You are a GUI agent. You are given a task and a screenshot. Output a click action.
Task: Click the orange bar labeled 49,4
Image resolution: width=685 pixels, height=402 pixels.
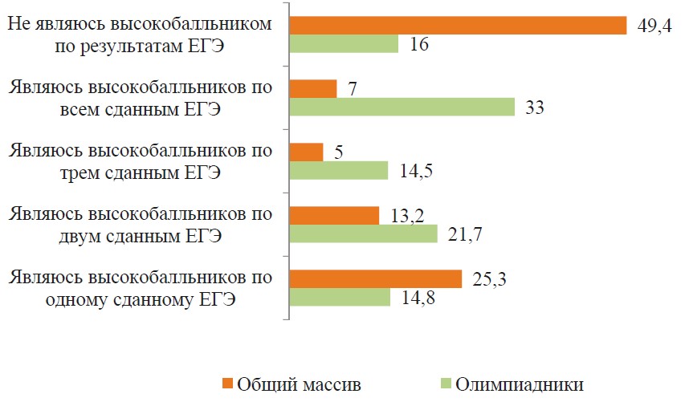pyautogui.click(x=458, y=26)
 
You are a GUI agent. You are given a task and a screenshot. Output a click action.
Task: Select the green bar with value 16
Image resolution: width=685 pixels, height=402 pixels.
pyautogui.click(x=344, y=44)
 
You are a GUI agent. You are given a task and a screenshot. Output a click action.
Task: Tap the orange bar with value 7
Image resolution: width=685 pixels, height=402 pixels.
pyautogui.click(x=312, y=88)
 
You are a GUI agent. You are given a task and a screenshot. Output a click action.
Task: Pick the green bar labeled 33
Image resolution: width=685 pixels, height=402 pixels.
pyautogui.click(x=402, y=107)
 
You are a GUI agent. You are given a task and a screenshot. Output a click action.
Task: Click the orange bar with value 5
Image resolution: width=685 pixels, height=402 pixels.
pyautogui.click(x=306, y=152)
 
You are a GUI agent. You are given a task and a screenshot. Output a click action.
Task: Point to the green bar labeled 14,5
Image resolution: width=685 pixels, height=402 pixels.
pyautogui.click(x=338, y=170)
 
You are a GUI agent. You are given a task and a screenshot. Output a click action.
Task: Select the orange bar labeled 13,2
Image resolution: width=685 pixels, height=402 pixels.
pyautogui.click(x=333, y=215)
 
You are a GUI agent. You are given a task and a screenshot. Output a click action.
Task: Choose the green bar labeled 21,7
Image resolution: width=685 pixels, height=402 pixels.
pyautogui.click(x=363, y=233)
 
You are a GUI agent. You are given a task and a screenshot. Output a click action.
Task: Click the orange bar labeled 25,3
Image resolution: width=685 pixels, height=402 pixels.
pyautogui.click(x=375, y=278)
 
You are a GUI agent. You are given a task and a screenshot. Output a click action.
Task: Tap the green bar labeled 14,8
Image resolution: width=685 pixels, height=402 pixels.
pyautogui.click(x=339, y=297)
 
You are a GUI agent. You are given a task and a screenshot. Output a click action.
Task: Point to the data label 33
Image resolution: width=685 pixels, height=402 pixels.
pyautogui.click(x=535, y=107)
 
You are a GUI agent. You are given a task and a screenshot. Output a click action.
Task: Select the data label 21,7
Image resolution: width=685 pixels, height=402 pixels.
pyautogui.click(x=461, y=233)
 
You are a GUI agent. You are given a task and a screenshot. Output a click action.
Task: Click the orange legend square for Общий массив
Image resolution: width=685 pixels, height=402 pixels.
pyautogui.click(x=227, y=384)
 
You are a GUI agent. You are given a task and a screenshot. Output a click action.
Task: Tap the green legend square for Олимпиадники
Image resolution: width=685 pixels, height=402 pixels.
pyautogui.click(x=446, y=384)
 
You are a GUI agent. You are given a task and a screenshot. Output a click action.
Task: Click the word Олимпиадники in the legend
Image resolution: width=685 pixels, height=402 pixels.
pyautogui.click(x=519, y=384)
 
